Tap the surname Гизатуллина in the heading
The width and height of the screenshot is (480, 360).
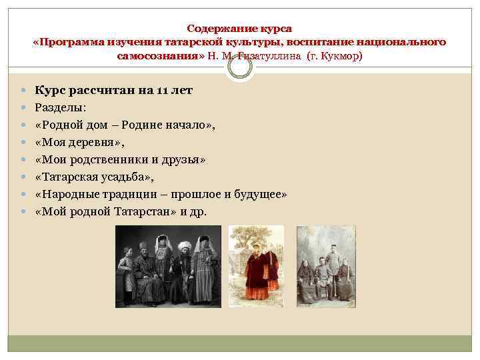click(x=271, y=57)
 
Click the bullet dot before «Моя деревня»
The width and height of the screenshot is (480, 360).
click(x=23, y=143)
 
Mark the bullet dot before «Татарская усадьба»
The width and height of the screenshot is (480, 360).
click(x=23, y=177)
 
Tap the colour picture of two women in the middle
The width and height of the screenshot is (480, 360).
click(x=256, y=266)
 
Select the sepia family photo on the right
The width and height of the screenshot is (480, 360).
click(x=326, y=266)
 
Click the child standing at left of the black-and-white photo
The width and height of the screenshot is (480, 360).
click(x=125, y=277)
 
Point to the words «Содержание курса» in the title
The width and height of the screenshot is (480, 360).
click(x=239, y=29)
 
